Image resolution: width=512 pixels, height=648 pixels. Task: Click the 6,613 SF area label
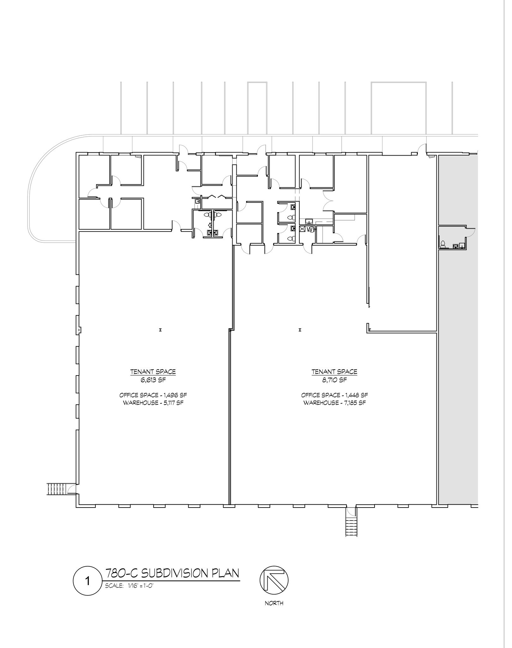(153, 380)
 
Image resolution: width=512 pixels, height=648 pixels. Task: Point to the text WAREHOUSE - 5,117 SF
(153, 403)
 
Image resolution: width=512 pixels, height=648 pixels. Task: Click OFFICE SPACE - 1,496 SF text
(153, 395)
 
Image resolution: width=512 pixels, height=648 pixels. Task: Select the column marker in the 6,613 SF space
(160, 330)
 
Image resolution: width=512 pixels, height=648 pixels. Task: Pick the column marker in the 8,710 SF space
(299, 330)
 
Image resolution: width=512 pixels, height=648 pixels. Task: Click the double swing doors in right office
(327, 202)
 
